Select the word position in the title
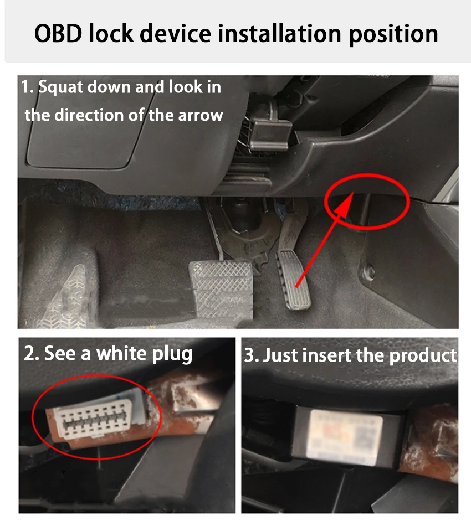tap(393, 34)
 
